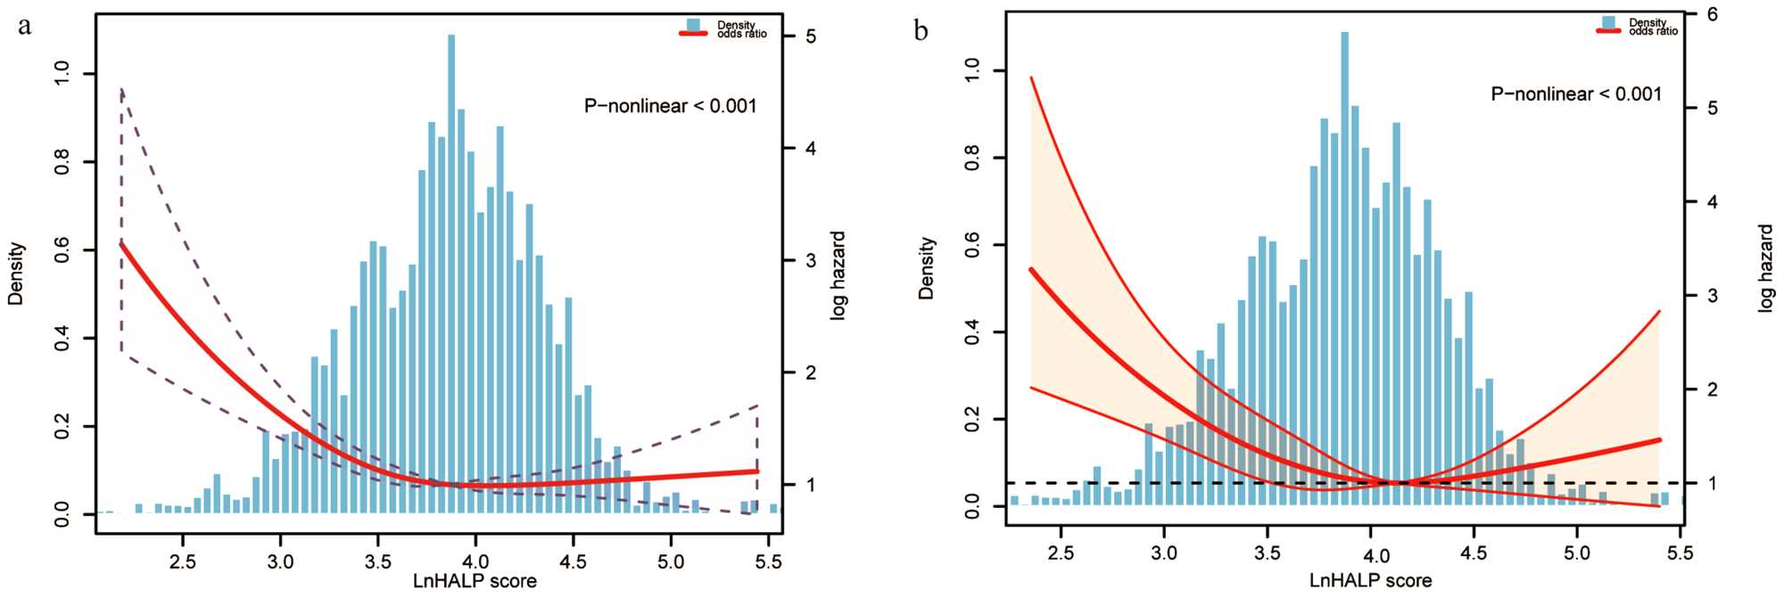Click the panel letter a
25,27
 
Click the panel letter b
921,32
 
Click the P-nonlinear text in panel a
670,106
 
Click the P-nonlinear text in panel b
1576,94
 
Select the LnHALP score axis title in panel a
475,582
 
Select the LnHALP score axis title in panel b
1370,581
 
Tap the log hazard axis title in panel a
838,276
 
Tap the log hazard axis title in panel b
1766,267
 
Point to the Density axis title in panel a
16,274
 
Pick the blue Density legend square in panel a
694,24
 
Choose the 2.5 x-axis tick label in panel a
183,562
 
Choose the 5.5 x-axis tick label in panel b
1680,553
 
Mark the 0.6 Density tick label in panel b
973,246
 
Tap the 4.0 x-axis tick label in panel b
1376,556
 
